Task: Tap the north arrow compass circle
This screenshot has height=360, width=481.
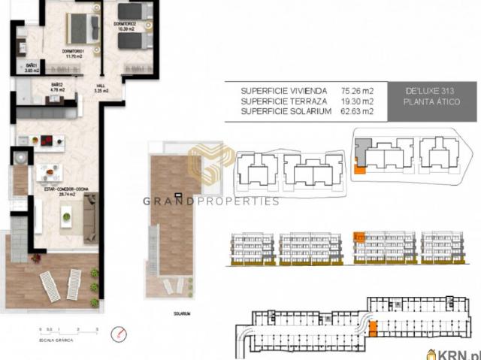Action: pyautogui.click(x=116, y=333)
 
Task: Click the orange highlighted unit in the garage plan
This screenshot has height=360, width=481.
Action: pyautogui.click(x=372, y=326)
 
